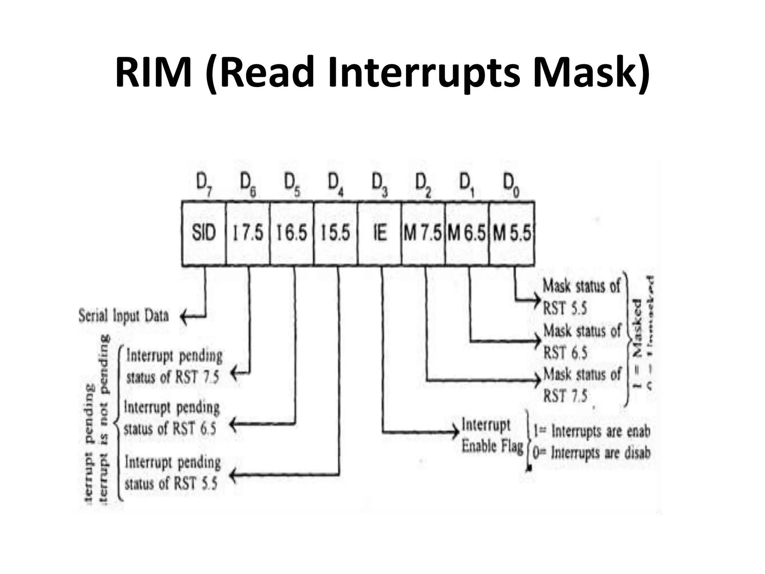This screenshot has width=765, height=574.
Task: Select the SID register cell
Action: (204, 233)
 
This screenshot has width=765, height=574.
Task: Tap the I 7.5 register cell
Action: (248, 233)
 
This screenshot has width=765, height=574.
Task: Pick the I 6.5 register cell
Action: (292, 233)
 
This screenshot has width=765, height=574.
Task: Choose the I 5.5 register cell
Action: (335, 233)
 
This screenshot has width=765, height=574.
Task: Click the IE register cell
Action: (380, 233)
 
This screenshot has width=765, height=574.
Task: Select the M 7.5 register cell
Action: (423, 233)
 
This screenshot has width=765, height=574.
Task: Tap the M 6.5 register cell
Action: (467, 233)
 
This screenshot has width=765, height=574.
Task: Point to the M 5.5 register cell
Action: (512, 233)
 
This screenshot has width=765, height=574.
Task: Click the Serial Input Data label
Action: (124, 316)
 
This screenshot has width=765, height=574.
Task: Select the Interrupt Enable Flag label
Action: (492, 436)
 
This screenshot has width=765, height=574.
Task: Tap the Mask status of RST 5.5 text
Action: (581, 297)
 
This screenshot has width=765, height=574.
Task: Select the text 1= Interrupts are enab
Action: (592, 432)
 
